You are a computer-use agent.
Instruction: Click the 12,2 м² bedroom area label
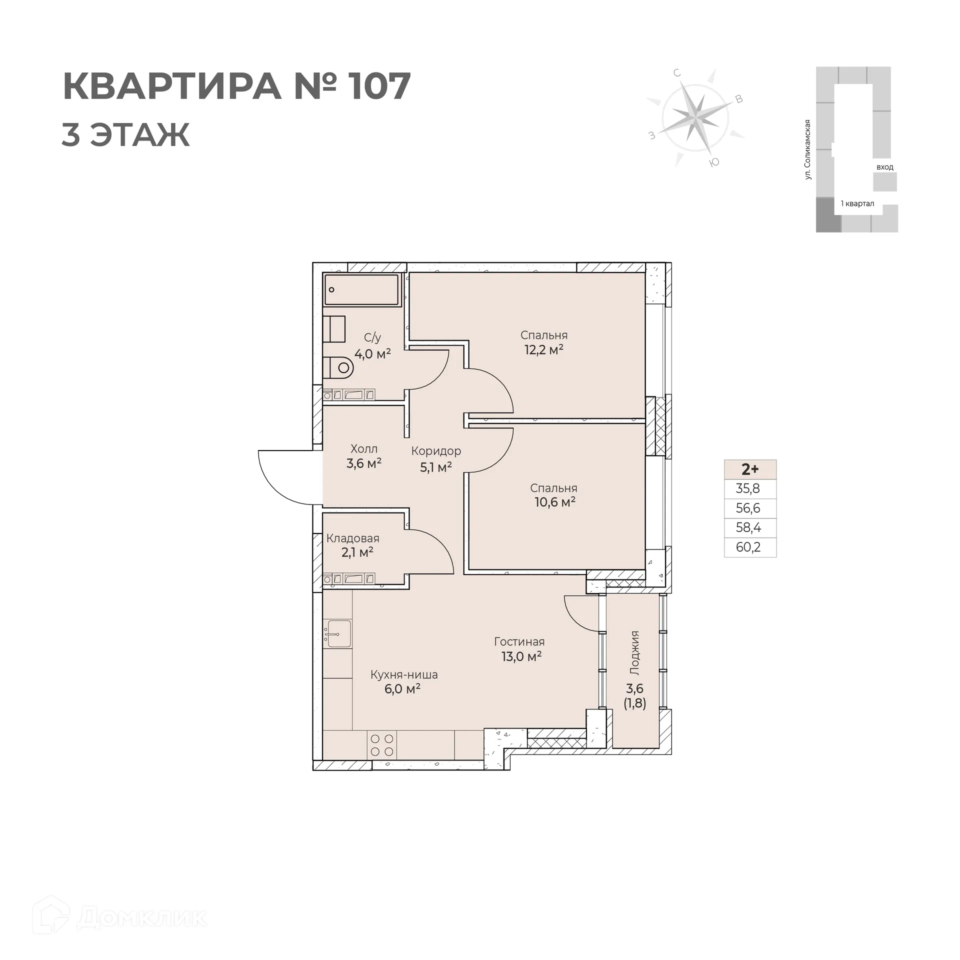pos(543,349)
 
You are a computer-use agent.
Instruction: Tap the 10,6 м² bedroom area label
pos(554,501)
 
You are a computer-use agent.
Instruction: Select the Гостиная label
pos(519,641)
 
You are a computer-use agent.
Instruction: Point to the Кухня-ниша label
pos(403,674)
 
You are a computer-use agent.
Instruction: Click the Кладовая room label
pos(352,538)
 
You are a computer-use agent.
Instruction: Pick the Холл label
pos(363,449)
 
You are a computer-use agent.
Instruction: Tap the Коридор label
pos(436,451)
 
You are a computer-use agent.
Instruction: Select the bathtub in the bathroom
pos(361,289)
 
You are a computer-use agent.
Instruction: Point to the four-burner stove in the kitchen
pos(382,745)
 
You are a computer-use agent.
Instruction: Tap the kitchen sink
pos(337,634)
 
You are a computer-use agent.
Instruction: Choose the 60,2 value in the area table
pos(748,547)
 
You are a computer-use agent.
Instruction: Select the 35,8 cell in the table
pos(748,488)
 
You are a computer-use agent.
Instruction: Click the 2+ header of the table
pos(749,469)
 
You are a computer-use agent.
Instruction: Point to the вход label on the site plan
pos(884,167)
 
